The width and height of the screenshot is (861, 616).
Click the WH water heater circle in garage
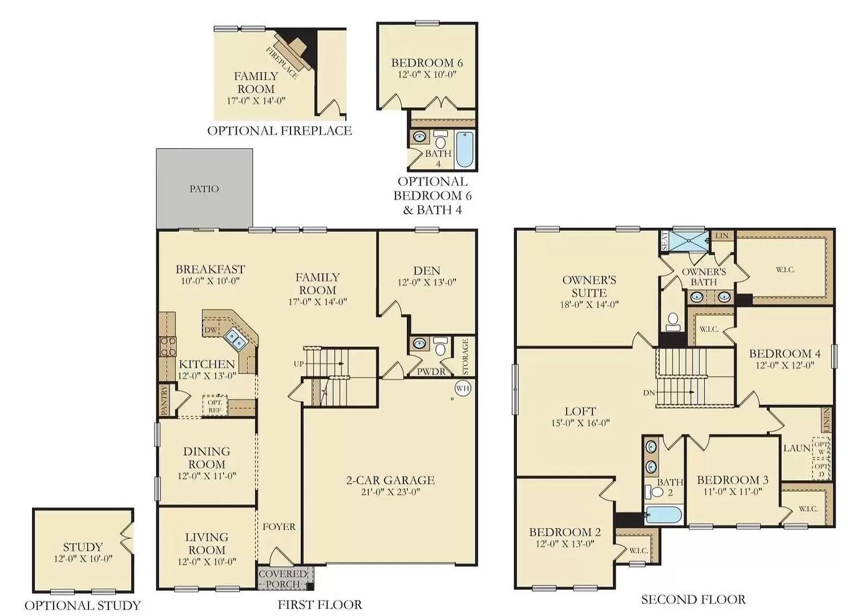pyautogui.click(x=463, y=388)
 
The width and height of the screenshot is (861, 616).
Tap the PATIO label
pyautogui.click(x=204, y=189)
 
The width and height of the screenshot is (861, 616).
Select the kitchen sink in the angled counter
pyautogui.click(x=235, y=338)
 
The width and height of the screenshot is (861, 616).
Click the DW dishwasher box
pyautogui.click(x=211, y=330)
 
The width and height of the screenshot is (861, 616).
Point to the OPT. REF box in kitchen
pyautogui.click(x=215, y=406)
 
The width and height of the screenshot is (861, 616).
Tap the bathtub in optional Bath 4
pyautogui.click(x=464, y=149)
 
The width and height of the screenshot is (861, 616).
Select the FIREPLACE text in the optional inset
pyautogui.click(x=282, y=62)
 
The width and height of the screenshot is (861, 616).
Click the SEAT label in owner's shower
pyautogui.click(x=665, y=241)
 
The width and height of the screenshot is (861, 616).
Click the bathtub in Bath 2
pyautogui.click(x=664, y=515)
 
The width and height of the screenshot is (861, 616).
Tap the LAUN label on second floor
pyautogui.click(x=797, y=448)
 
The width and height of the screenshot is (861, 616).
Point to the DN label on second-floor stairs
pyautogui.click(x=649, y=393)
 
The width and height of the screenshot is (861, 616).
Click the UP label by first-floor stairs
pyautogui.click(x=299, y=364)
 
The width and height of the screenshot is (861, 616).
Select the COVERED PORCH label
pyautogui.click(x=283, y=578)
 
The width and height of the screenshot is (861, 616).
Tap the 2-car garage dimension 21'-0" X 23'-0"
pyautogui.click(x=390, y=492)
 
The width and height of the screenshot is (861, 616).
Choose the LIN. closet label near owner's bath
pyautogui.click(x=722, y=236)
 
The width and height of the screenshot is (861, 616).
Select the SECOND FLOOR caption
pyautogui.click(x=693, y=599)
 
